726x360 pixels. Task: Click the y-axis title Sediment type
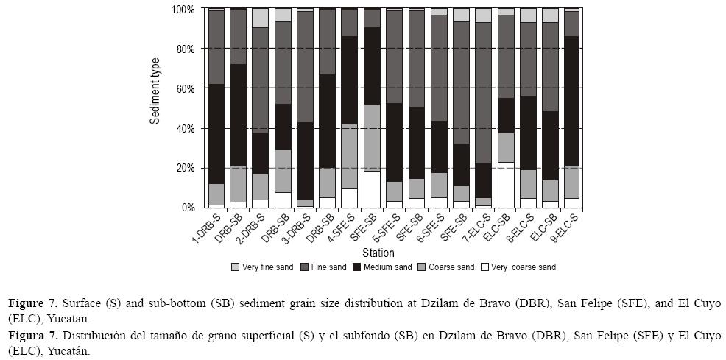point(155,91)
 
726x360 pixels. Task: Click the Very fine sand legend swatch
point(236,267)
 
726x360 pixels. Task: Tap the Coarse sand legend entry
point(448,267)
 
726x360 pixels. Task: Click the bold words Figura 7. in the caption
point(32,336)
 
